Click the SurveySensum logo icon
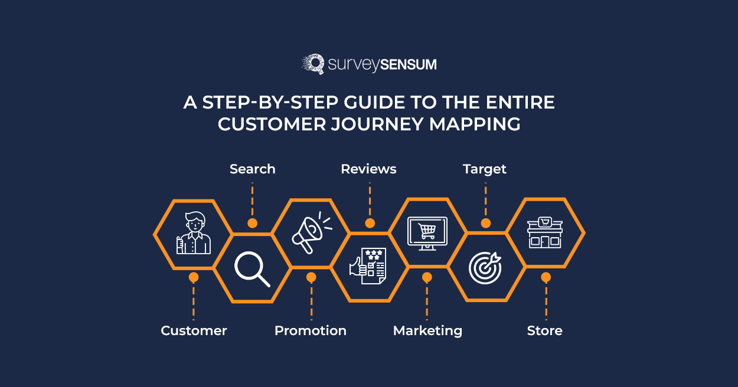coord(313,64)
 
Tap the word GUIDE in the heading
coord(374,102)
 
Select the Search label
coord(252,169)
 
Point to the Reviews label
coord(368,169)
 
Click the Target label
coord(485,169)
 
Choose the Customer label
coord(194,330)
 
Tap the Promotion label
coord(311,330)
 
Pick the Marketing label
coord(427,331)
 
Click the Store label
coord(544,330)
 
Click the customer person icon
coord(194,232)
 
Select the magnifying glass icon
coord(252,269)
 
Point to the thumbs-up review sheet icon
coord(368,266)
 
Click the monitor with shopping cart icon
coord(427,233)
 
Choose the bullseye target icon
coord(485,268)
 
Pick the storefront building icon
coord(545,232)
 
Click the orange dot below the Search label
coord(252,223)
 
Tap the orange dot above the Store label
coord(546,277)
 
